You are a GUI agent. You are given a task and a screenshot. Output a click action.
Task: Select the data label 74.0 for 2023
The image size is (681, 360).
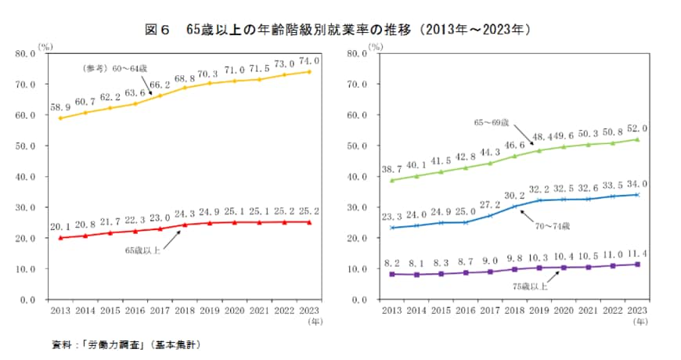click(309, 60)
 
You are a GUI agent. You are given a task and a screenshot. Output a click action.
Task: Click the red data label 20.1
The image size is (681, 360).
click(61, 226)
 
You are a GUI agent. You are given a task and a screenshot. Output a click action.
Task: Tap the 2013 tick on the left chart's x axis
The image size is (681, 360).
click(61, 311)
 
